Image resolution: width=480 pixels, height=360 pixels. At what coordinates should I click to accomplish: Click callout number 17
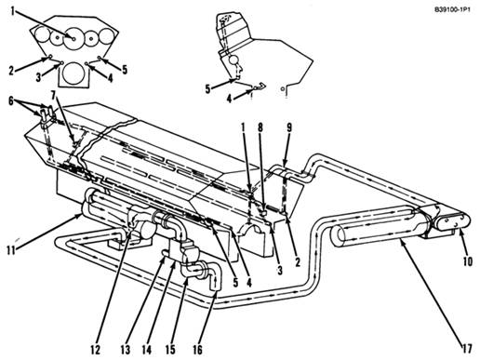pos(467,349)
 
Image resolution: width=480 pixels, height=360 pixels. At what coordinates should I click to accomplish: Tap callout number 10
pos(468,261)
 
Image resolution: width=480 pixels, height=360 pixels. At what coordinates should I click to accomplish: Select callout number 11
pos(11,250)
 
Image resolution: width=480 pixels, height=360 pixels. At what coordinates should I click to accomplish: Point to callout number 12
pos(95,350)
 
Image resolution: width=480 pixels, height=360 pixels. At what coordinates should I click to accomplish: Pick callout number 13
pos(126,350)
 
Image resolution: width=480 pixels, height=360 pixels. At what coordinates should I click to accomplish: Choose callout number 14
pos(146,350)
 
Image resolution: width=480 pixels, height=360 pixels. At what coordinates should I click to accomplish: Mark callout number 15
pos(170,350)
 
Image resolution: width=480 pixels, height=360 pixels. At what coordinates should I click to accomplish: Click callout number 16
pos(197,350)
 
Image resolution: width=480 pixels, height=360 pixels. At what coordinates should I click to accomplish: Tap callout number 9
pos(289,128)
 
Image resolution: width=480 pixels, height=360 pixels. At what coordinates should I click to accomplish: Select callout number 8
pos(260,128)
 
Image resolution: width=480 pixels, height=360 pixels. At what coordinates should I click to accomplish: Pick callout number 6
pos(11,101)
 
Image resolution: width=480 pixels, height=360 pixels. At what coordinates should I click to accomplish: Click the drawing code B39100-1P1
pos(452,10)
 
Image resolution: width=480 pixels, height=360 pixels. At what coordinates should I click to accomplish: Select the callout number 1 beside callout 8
pos(244,128)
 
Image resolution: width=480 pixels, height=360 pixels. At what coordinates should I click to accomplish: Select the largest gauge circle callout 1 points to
pos(73,38)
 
